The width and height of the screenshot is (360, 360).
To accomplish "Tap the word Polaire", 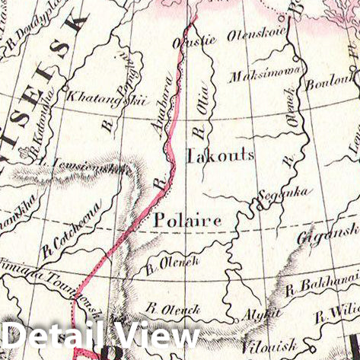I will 187,220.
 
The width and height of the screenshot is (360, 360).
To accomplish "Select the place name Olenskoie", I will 263,35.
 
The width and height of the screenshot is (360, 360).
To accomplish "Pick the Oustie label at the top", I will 196,38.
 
